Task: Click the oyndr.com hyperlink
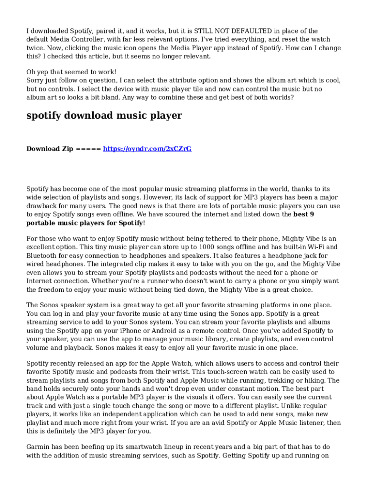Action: tap(147, 149)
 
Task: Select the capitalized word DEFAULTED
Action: tap(227, 31)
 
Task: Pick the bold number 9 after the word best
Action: tap(312, 214)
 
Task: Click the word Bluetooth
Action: tap(43, 256)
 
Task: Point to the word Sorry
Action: tap(36, 80)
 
